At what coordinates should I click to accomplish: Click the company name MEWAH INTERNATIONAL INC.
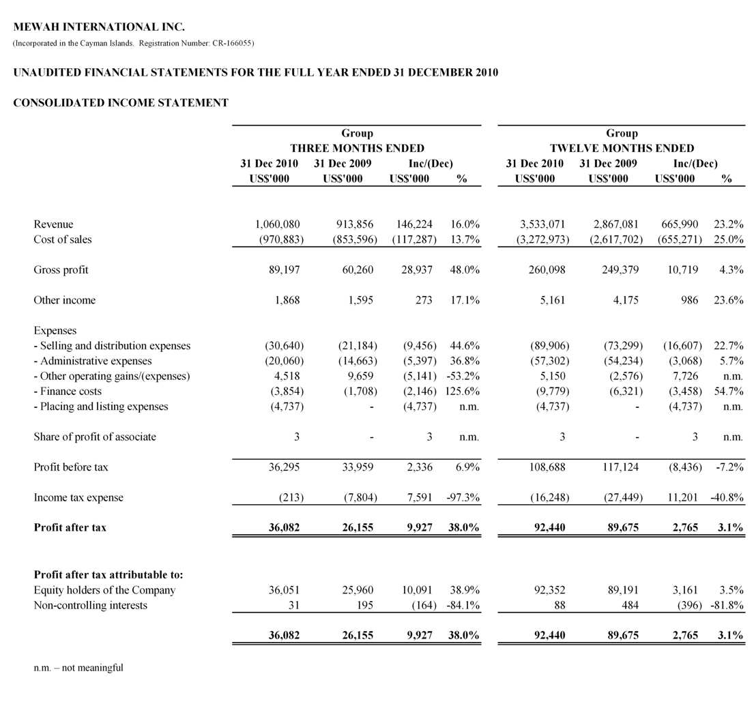click(99, 27)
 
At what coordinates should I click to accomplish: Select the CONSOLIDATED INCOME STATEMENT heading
click(121, 103)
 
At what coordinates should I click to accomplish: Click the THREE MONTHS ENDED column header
click(357, 148)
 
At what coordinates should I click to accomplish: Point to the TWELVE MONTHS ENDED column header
click(622, 148)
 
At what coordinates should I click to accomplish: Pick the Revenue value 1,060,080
click(277, 224)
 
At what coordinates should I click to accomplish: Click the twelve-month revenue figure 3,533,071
click(542, 224)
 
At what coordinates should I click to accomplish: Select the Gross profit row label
click(61, 269)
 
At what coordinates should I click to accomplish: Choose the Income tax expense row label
click(78, 497)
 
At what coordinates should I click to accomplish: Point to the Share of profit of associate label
click(94, 437)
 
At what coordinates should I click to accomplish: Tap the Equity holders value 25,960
click(357, 590)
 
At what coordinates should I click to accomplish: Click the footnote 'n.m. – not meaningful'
click(78, 668)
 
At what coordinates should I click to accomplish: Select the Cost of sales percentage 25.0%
click(728, 239)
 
